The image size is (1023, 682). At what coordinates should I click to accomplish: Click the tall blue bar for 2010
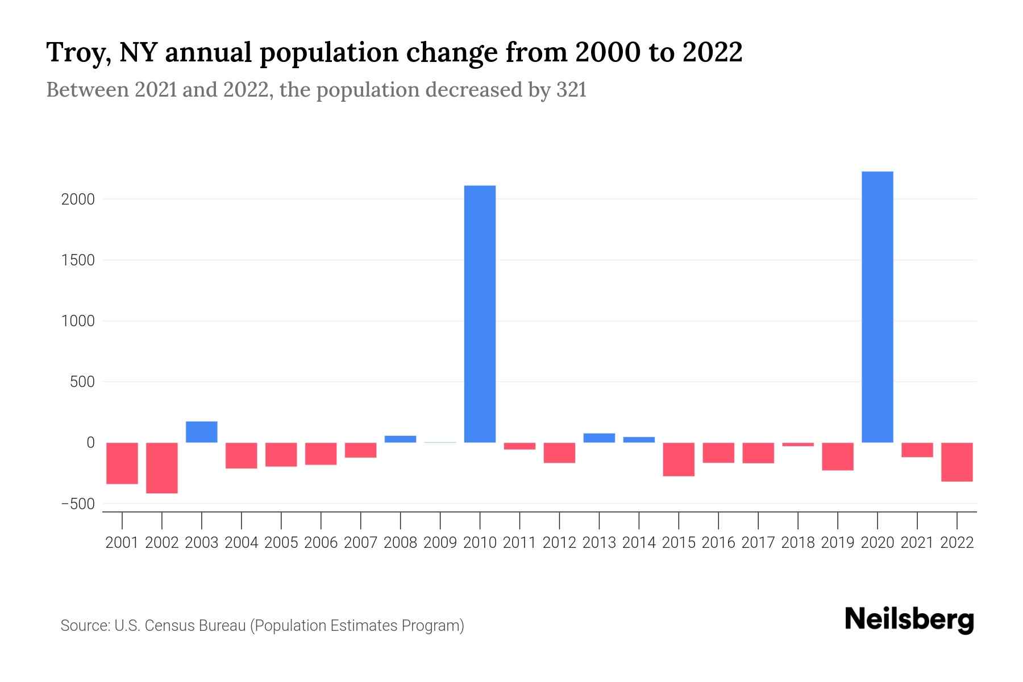tap(480, 314)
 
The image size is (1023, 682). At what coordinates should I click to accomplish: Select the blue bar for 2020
tap(877, 307)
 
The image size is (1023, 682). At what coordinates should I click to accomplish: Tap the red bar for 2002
tap(162, 468)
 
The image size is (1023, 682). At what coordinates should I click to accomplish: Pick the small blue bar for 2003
tap(202, 432)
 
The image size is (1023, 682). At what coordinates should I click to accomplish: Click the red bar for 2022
tap(957, 462)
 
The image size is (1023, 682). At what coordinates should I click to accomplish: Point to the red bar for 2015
tap(679, 459)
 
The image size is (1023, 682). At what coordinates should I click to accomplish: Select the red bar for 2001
tap(122, 463)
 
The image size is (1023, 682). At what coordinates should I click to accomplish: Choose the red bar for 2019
tap(837, 456)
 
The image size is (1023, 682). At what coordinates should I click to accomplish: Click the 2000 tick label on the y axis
tap(78, 199)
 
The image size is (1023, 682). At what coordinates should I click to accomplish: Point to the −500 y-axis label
tap(77, 504)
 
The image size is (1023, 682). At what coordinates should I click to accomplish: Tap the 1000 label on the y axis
tap(78, 321)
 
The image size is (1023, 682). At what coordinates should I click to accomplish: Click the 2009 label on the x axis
tap(440, 543)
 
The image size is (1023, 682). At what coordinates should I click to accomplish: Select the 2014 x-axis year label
tap(639, 543)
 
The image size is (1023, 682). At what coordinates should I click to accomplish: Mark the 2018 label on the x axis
tap(797, 543)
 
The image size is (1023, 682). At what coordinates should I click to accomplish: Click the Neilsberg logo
tap(909, 619)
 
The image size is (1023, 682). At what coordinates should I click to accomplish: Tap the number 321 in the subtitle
tap(571, 90)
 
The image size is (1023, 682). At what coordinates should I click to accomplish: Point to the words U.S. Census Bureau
tap(180, 626)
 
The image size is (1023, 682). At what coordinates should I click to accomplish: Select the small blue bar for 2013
tap(599, 438)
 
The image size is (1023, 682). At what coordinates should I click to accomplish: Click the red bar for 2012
tap(559, 453)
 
